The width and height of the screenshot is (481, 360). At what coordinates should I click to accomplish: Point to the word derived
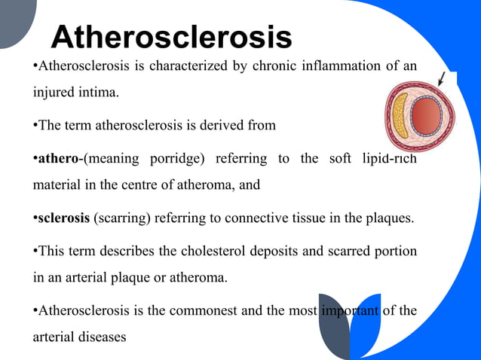[231, 125]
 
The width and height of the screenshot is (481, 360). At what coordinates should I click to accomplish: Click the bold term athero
[59, 159]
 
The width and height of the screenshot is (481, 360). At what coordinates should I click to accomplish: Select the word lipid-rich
[385, 159]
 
